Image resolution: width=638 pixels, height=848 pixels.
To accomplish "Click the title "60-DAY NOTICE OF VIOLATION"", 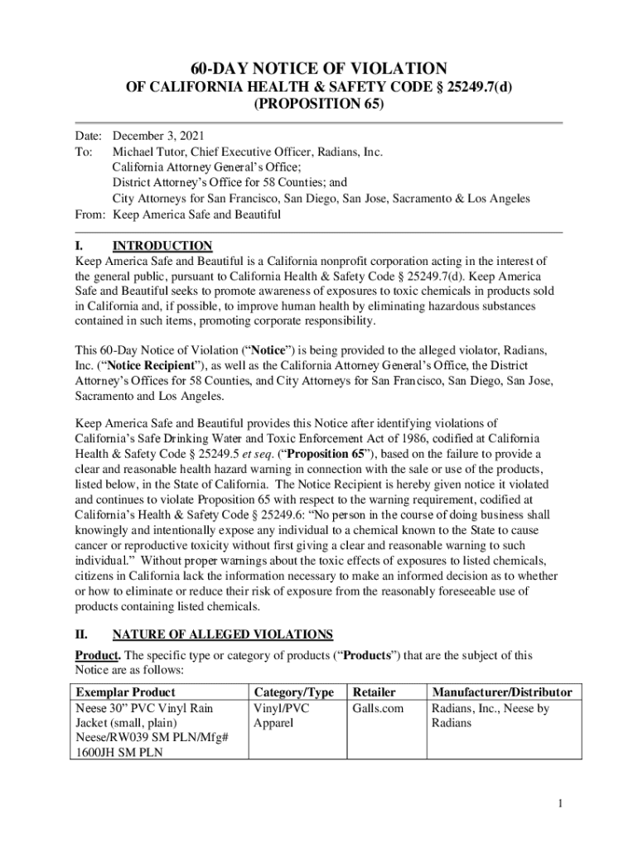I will click(x=318, y=69).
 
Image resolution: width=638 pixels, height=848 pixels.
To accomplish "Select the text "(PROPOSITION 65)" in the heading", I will click(x=318, y=106).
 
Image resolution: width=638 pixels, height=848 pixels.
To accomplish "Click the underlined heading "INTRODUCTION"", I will click(x=162, y=246).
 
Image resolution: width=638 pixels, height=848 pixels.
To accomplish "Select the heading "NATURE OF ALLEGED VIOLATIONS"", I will click(x=223, y=634).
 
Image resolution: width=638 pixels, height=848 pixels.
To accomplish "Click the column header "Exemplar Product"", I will click(x=125, y=691).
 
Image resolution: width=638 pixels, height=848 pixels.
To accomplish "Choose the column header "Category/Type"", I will click(x=294, y=691).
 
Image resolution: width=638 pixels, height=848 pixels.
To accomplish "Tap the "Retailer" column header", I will click(x=375, y=691).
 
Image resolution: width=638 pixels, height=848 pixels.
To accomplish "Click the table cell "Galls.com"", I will click(x=378, y=708).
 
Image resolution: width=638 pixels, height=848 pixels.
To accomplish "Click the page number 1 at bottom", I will click(x=561, y=803).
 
